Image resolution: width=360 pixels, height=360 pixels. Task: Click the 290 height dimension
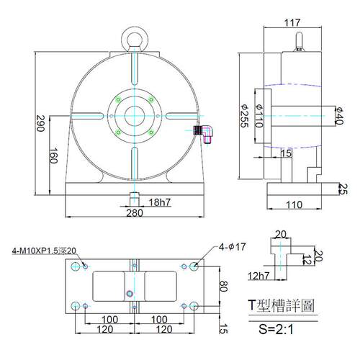pyautogui.click(x=40, y=123)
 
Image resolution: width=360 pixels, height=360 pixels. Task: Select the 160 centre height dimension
pyautogui.click(x=53, y=156)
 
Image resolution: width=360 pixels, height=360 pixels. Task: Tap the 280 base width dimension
pyautogui.click(x=135, y=213)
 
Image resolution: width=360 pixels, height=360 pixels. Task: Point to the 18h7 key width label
pyautogui.click(x=160, y=202)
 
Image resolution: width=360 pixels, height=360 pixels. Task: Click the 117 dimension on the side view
pyautogui.click(x=292, y=22)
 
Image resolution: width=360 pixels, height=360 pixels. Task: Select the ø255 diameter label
pyautogui.click(x=245, y=116)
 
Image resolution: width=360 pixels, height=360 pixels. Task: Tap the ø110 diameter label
pyautogui.click(x=259, y=116)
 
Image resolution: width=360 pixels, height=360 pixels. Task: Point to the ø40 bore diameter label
pyautogui.click(x=339, y=116)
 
